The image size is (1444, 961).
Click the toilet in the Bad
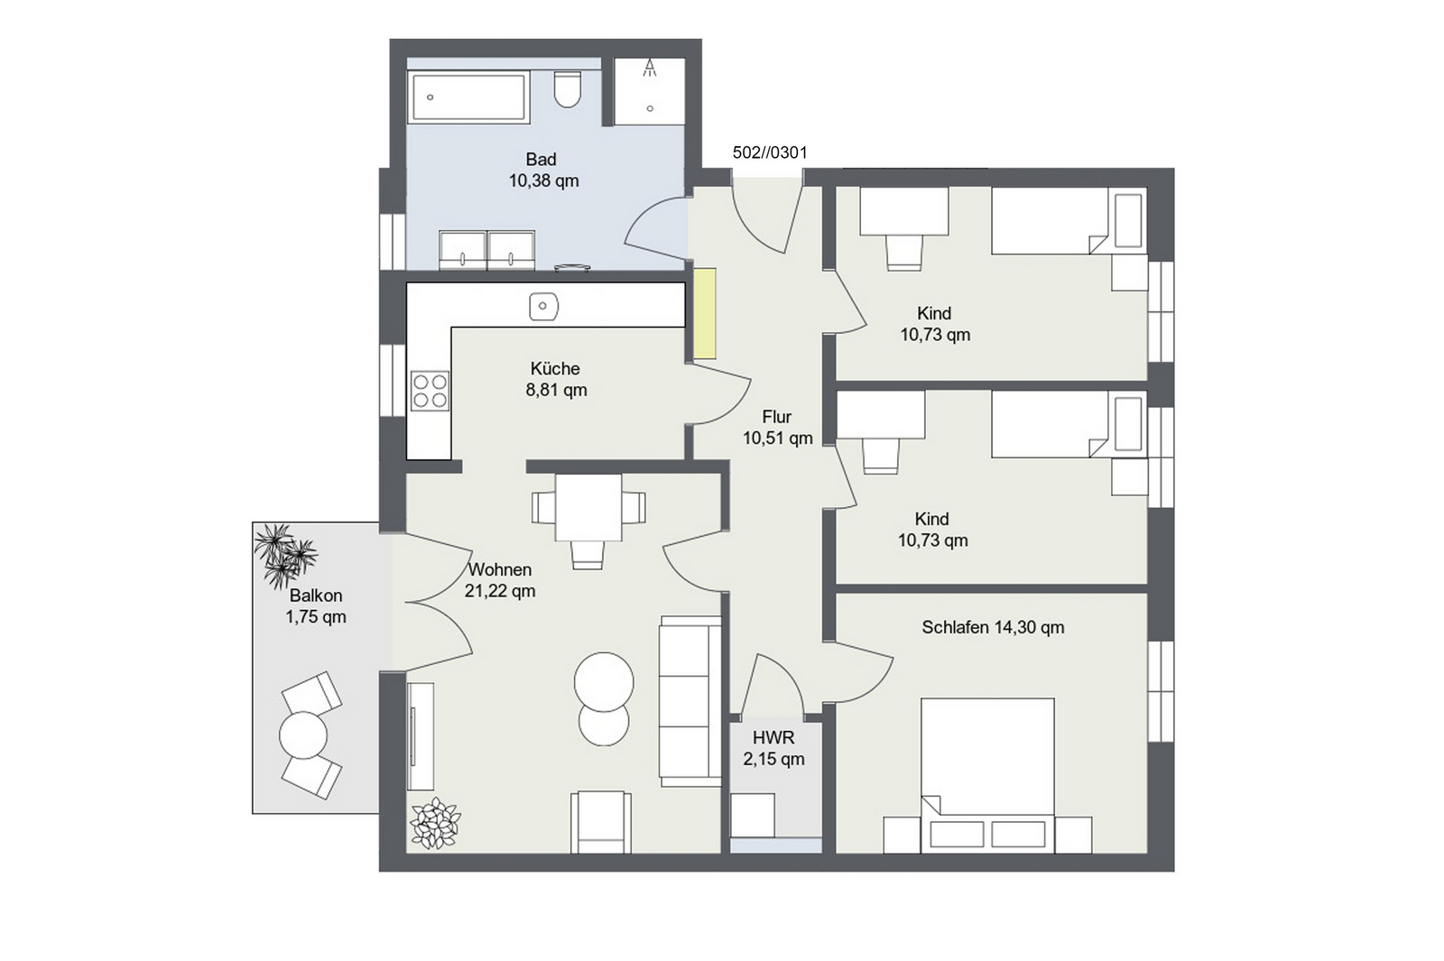click(568, 89)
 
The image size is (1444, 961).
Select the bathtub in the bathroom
click(468, 97)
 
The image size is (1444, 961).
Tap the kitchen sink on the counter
click(543, 307)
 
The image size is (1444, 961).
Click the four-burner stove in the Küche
click(430, 391)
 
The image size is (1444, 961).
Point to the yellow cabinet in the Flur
click(705, 313)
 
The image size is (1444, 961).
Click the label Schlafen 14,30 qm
click(993, 627)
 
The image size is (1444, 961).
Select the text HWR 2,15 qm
click(773, 748)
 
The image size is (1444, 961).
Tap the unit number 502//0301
click(770, 152)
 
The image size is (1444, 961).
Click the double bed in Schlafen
click(987, 776)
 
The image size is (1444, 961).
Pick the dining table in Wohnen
click(588, 508)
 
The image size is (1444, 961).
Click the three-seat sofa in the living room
click(690, 700)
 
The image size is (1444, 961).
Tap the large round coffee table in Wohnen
click(604, 682)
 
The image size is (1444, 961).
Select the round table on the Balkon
click(303, 735)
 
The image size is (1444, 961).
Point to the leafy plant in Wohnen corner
click(436, 823)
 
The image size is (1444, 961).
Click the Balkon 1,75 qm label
click(316, 605)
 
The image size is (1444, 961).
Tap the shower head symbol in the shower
click(650, 68)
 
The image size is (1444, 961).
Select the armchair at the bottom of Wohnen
click(601, 822)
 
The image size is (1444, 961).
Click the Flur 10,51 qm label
click(777, 428)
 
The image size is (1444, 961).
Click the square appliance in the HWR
click(753, 816)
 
